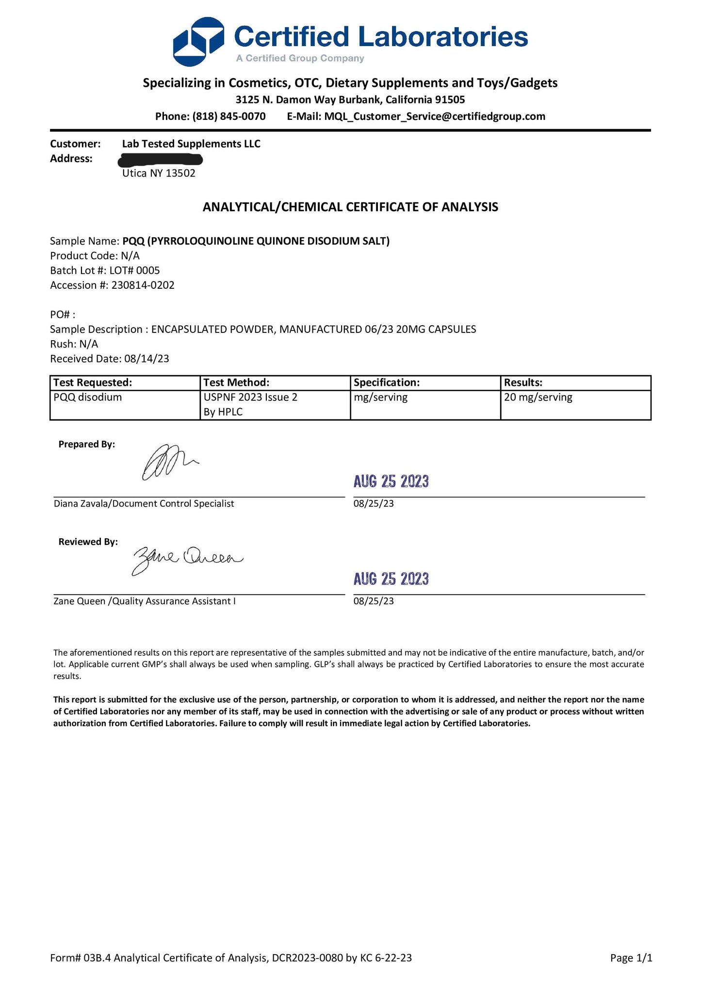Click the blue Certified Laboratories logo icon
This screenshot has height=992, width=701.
coord(198,42)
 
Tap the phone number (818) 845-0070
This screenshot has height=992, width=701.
coord(229,116)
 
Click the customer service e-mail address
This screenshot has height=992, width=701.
coord(435,116)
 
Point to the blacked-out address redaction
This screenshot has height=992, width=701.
coord(161,159)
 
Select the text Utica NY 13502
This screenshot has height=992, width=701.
coord(159,173)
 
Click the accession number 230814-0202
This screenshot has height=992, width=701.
coord(143,285)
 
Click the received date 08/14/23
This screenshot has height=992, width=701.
coord(147,359)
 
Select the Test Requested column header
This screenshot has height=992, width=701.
coord(93,382)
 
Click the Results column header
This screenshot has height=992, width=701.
coord(523,382)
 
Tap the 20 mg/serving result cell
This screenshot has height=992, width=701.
coord(538,397)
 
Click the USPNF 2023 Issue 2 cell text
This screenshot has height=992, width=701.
coord(250,397)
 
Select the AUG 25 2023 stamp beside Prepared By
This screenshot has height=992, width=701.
coord(391,481)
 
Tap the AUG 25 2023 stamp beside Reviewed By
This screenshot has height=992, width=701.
coord(391,579)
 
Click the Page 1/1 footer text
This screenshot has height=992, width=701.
coord(631,958)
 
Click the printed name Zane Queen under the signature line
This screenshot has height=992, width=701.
coord(80,601)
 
